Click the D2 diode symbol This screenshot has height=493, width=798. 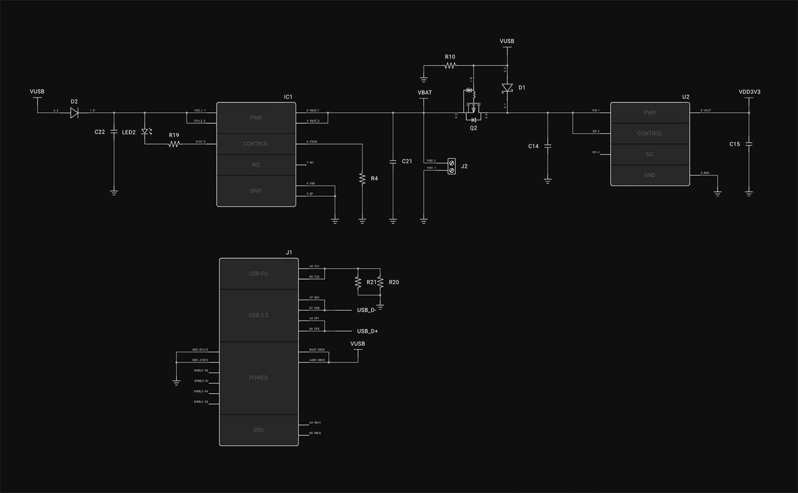[x=74, y=112]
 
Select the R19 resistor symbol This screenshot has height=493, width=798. [x=174, y=144]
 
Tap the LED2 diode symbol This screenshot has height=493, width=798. [x=145, y=132]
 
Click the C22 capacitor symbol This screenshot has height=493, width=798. [x=114, y=132]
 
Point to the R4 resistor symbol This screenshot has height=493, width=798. [x=362, y=179]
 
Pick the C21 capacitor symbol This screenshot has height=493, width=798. [x=393, y=161]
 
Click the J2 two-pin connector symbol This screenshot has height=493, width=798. [x=451, y=166]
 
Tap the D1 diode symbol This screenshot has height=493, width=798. [x=507, y=88]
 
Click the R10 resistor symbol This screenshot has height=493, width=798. [x=450, y=66]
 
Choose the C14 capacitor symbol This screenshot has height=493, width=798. [x=547, y=146]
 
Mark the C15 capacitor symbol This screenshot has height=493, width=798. [x=749, y=144]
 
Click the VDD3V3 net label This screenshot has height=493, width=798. [x=750, y=92]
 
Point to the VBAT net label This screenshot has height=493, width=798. [x=425, y=92]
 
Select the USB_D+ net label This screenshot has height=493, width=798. [x=368, y=331]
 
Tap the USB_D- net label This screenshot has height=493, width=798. [x=367, y=310]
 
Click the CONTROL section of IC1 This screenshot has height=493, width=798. [x=256, y=144]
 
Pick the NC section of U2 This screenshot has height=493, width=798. [x=650, y=154]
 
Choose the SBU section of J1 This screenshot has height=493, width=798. [x=258, y=430]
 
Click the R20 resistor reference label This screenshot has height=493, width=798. [x=394, y=282]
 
